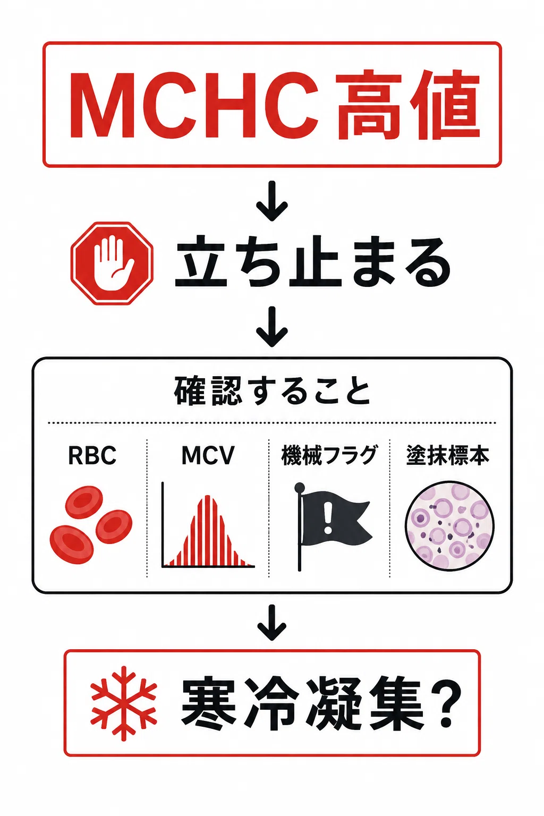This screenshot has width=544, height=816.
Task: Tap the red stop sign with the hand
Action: pos(112,263)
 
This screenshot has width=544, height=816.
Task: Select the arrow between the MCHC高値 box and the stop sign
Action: pos(272,201)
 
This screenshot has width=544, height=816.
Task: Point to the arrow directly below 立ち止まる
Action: pos(272,327)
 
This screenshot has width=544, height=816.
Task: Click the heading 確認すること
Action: pos(272,391)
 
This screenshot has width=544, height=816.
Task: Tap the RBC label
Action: pos(92,455)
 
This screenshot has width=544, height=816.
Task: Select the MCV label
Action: pos(208,455)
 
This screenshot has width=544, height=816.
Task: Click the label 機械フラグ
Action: pos(329,455)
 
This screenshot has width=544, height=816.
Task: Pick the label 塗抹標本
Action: pos(448,455)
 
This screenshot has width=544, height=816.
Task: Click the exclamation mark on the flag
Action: pos(328,517)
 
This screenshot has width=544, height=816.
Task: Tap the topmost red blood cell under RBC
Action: pos(84,503)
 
